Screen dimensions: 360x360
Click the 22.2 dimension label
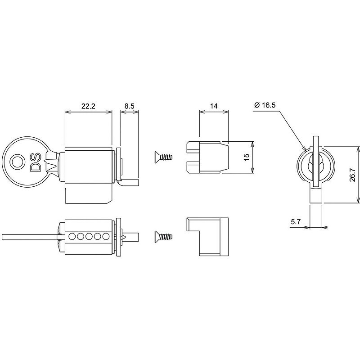(x=88, y=106)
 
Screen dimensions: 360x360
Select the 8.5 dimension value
(x=129, y=106)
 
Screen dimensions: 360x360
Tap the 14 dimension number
(x=213, y=106)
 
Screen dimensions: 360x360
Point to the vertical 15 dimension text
(x=246, y=157)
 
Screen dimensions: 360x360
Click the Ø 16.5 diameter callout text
(x=265, y=105)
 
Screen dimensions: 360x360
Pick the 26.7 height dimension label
(x=352, y=175)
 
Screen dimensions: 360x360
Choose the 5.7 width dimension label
(x=296, y=222)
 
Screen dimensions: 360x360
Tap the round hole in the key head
(x=18, y=162)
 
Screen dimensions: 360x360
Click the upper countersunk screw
(x=163, y=157)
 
